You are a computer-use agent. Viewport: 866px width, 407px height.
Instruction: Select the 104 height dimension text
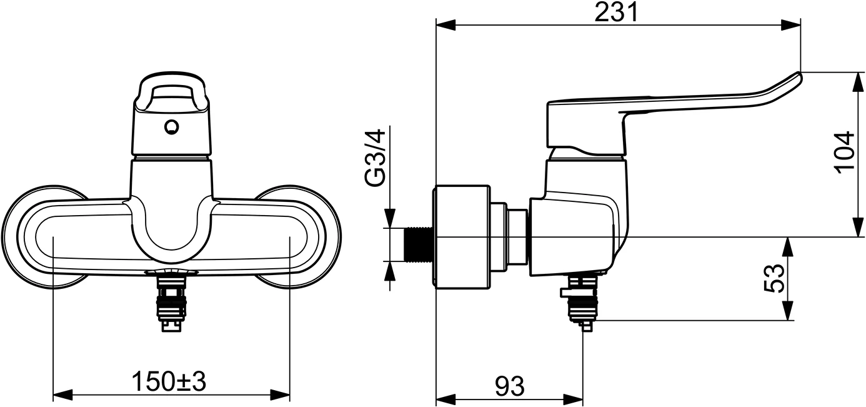coord(844,152)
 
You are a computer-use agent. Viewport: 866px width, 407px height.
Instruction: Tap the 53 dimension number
coord(773,279)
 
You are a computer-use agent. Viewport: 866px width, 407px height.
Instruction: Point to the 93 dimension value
coord(509,387)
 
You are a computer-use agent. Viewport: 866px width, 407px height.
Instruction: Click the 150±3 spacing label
coord(169,381)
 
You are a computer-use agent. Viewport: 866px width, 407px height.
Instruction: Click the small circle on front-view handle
coord(171,128)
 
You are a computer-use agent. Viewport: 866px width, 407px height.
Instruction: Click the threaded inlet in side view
coord(417,244)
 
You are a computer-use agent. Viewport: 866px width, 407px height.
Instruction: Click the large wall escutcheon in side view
coord(461,238)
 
